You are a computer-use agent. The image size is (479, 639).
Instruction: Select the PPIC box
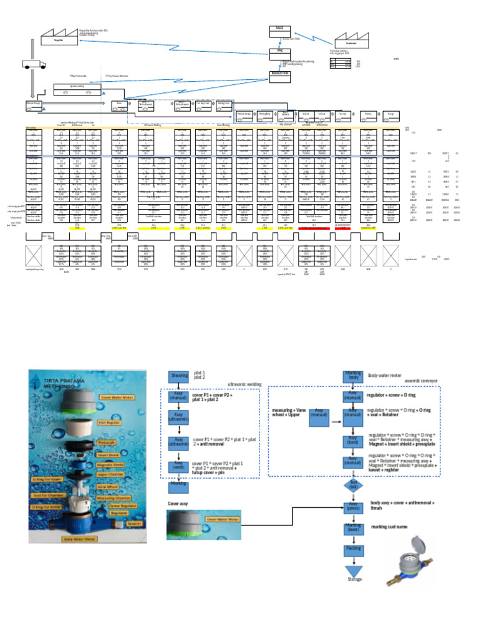pos(279,52)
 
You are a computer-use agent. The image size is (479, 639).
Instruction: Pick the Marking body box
pos(353,376)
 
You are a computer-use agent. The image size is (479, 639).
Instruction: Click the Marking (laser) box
pos(353,529)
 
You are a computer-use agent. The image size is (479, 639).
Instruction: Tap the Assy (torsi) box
pos(353,442)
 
